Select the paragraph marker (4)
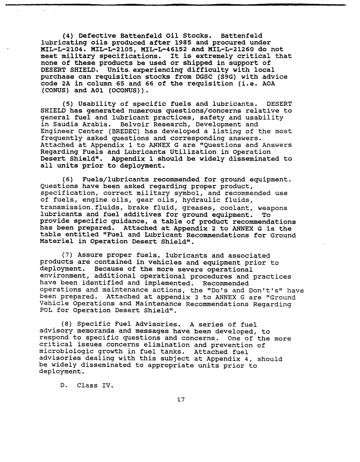click(x=68, y=35)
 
